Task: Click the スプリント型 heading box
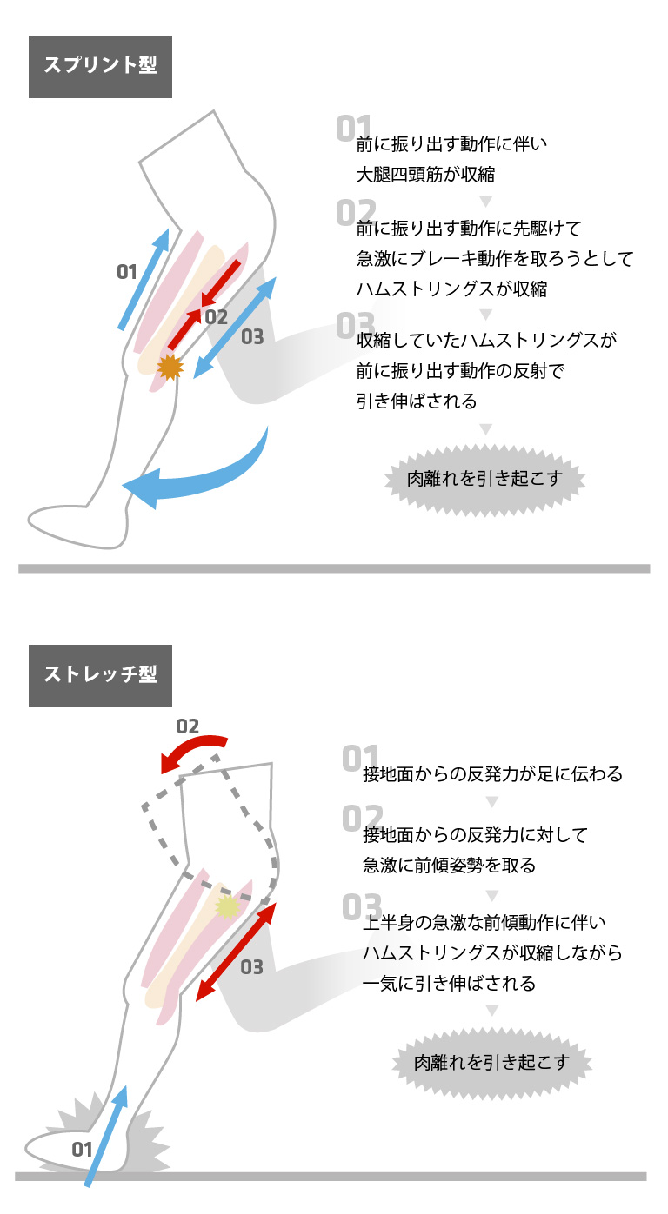(x=100, y=66)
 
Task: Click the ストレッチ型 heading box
(x=100, y=675)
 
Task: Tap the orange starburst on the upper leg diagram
(x=170, y=367)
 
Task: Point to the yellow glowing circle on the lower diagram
(x=227, y=907)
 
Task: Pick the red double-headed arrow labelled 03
(x=236, y=951)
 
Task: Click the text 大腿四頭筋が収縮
(x=425, y=174)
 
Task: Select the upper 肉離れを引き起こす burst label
(x=485, y=478)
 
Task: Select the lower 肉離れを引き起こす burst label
(x=491, y=1062)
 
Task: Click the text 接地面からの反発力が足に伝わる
(x=492, y=773)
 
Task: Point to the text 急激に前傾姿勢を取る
(x=449, y=866)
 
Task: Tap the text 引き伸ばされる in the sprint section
(x=417, y=401)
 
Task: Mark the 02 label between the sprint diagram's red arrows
(x=216, y=318)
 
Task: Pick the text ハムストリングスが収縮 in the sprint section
(x=451, y=288)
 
